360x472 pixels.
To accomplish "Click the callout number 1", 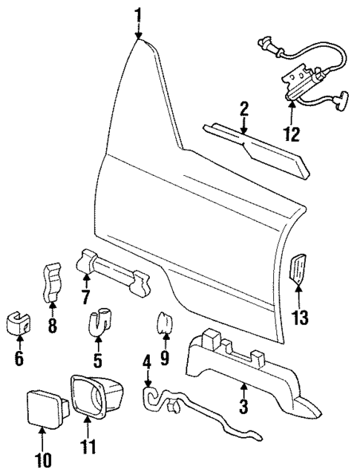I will pos(138,13).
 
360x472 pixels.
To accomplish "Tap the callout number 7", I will pos(85,298).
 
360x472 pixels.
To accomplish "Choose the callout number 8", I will pos(51,327).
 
